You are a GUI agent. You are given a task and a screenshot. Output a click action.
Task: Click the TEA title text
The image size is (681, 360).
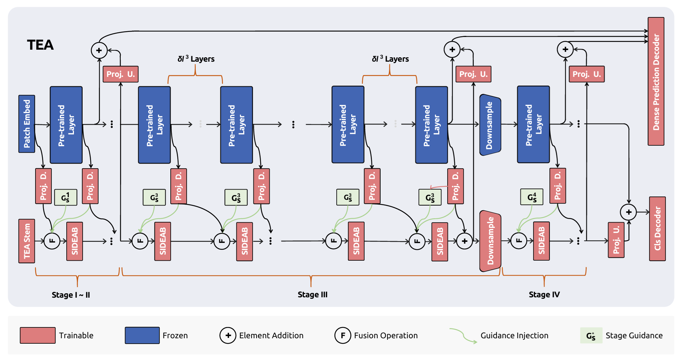click(x=40, y=45)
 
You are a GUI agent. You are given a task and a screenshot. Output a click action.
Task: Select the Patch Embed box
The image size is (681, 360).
click(x=27, y=124)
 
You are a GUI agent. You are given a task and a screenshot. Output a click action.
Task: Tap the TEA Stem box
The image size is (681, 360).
click(x=27, y=241)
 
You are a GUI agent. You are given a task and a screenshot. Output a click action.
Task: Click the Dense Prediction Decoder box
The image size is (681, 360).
click(x=656, y=82)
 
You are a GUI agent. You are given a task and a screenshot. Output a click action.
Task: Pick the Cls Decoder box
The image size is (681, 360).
click(x=657, y=228)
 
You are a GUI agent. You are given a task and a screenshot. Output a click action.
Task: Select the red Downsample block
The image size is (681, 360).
click(x=490, y=241)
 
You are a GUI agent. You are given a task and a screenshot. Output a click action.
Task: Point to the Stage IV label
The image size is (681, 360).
click(x=544, y=294)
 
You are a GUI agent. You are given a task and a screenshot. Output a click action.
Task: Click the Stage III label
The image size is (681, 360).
click(x=312, y=294)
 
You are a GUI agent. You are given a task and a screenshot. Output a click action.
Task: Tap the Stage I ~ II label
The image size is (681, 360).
click(x=71, y=295)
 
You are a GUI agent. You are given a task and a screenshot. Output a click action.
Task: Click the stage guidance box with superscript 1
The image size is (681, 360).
click(x=66, y=198)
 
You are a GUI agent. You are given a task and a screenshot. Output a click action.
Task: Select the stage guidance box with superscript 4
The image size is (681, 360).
click(x=532, y=197)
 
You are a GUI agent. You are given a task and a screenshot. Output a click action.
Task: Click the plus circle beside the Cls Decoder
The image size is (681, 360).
click(x=628, y=212)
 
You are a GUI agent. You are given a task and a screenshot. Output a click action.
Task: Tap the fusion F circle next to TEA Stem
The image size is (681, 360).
click(x=52, y=241)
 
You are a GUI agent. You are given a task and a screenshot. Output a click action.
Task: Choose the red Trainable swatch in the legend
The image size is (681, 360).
click(x=38, y=335)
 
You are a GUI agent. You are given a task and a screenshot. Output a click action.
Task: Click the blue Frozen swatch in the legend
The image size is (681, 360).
click(x=142, y=335)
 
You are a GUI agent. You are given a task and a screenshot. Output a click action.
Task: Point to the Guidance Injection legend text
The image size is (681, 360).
click(x=514, y=335)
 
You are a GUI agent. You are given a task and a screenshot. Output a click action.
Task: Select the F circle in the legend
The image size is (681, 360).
click(x=342, y=335)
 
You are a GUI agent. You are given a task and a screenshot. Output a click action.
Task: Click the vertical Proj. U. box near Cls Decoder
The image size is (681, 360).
click(x=616, y=240)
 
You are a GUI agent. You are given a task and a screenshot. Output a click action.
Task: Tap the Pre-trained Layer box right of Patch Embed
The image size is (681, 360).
click(x=66, y=125)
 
